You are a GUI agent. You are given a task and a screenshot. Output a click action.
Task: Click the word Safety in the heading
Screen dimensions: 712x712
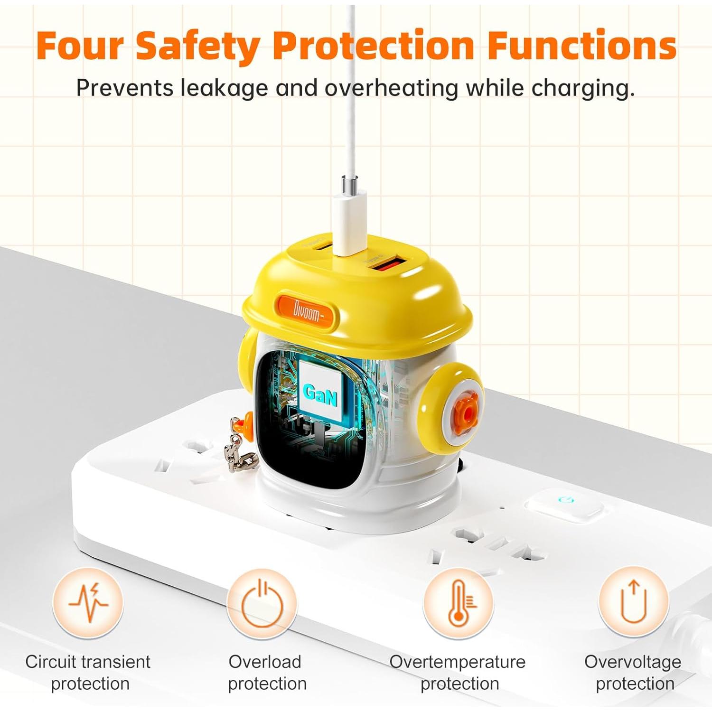click(x=197, y=46)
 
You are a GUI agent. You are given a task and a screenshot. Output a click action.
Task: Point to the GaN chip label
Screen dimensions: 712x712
click(x=320, y=393)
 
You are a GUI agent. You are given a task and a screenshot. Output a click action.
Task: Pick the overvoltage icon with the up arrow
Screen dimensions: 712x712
click(x=634, y=602)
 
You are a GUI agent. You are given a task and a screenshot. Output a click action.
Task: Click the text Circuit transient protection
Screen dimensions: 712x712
click(x=88, y=673)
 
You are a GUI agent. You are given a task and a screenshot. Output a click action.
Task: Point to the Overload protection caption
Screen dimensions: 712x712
click(x=267, y=673)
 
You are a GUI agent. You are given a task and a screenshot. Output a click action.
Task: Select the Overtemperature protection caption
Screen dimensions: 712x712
click(x=458, y=673)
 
